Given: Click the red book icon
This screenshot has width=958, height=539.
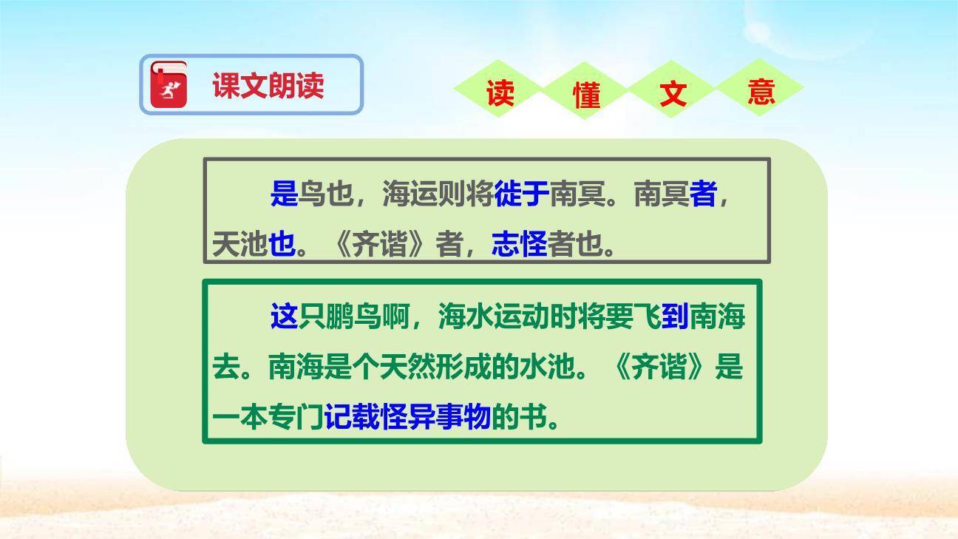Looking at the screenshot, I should (169, 84).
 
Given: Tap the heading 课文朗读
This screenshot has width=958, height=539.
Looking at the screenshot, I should (268, 85).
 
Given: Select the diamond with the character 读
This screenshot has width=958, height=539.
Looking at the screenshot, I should (500, 93).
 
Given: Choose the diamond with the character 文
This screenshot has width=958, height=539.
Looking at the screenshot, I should (673, 93).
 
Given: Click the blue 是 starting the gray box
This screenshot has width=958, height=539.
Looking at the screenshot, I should (283, 194).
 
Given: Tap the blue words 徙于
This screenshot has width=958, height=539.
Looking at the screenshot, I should (522, 194).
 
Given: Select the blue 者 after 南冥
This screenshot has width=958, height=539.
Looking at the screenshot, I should (703, 194).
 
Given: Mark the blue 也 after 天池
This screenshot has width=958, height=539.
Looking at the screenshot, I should (282, 244).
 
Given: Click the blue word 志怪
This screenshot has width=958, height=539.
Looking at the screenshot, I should (519, 244).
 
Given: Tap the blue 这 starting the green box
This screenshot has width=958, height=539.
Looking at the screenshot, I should (283, 316).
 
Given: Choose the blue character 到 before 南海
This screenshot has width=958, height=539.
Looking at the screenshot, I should (675, 316).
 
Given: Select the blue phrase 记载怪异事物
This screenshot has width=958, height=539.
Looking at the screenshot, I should (407, 418).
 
